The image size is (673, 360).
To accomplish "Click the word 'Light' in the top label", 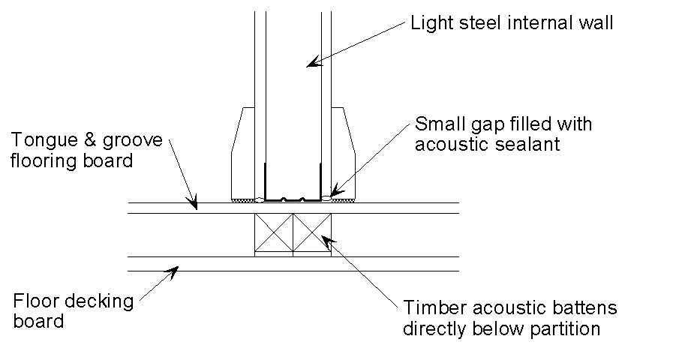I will coord(428,22).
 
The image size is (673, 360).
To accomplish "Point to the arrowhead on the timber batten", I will coord(326,239).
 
